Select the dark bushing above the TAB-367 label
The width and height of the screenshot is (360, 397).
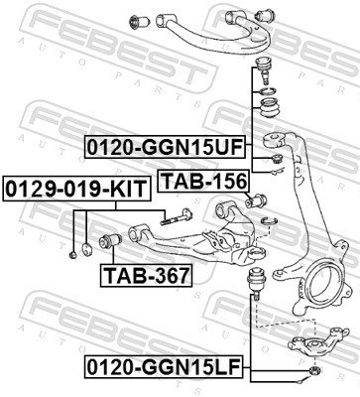[x=111, y=241]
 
